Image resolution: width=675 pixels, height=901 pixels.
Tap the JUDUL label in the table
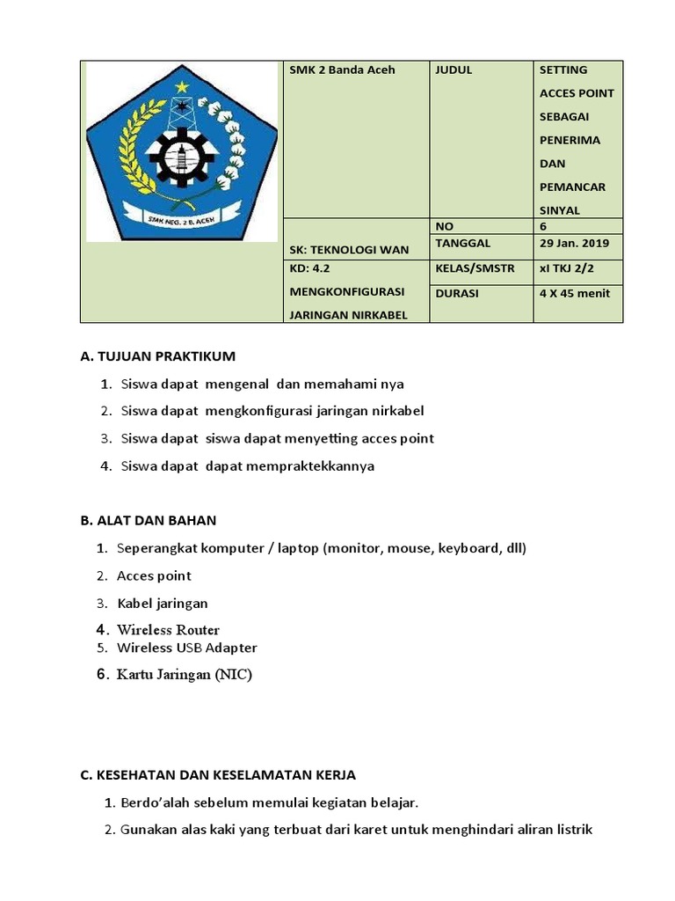pyautogui.click(x=454, y=70)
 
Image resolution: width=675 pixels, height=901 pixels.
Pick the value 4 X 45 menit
pyautogui.click(x=574, y=294)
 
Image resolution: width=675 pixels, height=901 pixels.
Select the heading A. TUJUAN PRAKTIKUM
pyautogui.click(x=158, y=356)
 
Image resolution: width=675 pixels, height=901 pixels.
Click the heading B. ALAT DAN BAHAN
pyautogui.click(x=148, y=521)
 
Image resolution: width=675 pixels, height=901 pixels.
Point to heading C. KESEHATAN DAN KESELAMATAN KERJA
pyautogui.click(x=218, y=775)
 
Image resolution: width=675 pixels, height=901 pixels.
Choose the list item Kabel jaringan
pyautogui.click(x=163, y=604)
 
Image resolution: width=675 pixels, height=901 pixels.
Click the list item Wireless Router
pyautogui.click(x=168, y=630)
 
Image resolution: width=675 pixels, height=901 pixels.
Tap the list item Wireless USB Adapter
pyautogui.click(x=187, y=648)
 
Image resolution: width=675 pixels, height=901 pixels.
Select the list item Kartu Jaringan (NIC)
pyautogui.click(x=185, y=675)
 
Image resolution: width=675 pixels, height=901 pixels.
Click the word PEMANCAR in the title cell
pyautogui.click(x=572, y=187)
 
